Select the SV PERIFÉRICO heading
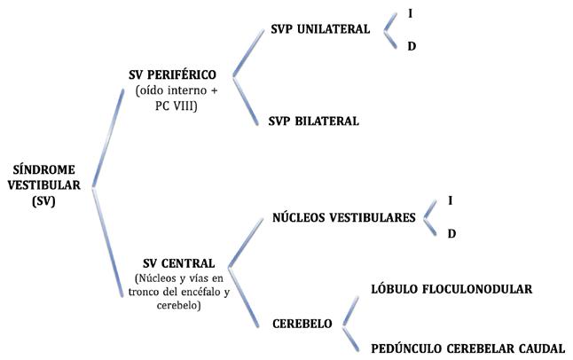(x=177, y=74)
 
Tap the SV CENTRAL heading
(x=178, y=263)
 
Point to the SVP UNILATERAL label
(x=320, y=28)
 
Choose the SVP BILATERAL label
(x=313, y=121)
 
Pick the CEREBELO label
(x=303, y=324)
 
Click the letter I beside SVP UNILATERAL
(x=410, y=14)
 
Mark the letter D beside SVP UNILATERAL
(x=411, y=45)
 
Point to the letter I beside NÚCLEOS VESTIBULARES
(x=451, y=201)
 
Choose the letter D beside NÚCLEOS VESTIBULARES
(x=451, y=233)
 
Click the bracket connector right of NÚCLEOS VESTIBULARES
(x=430, y=216)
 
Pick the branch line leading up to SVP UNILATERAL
(x=249, y=51)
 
